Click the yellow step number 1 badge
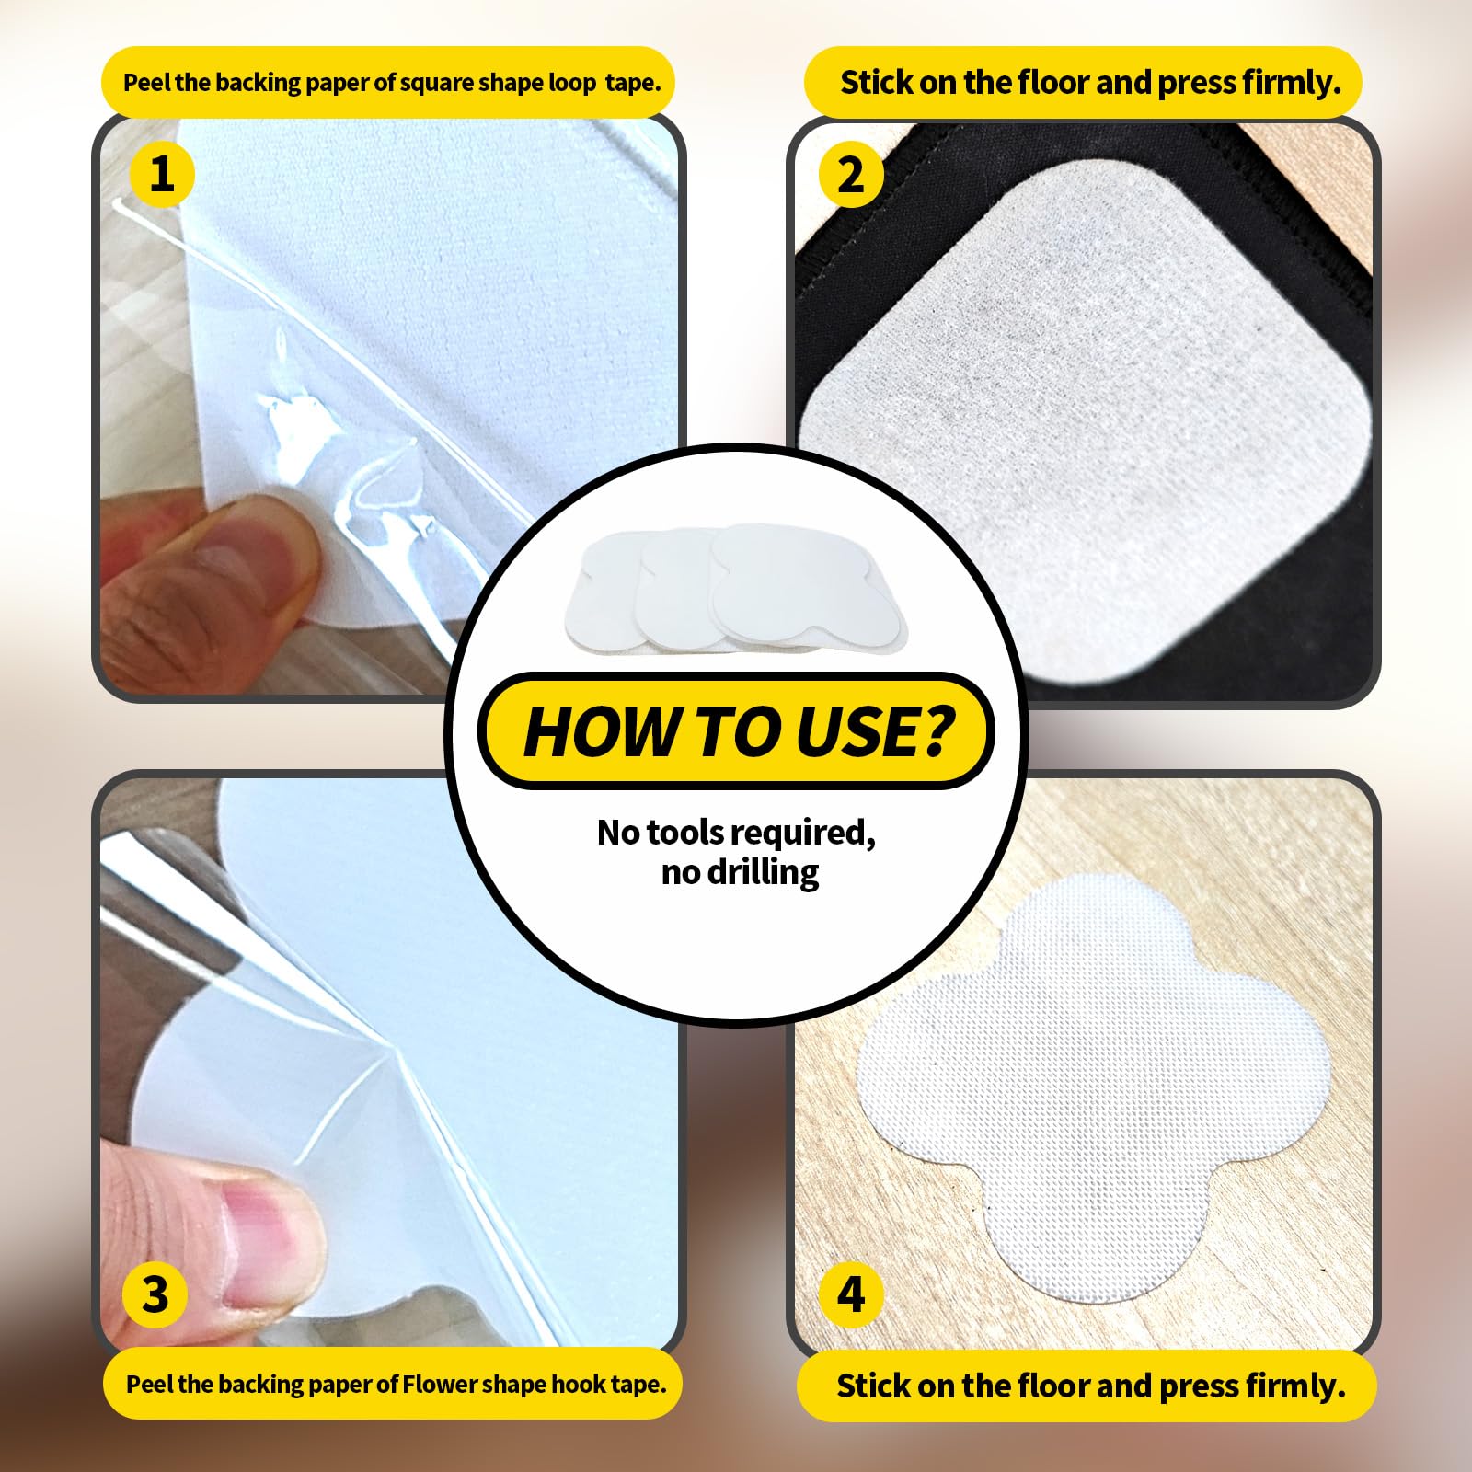click(x=162, y=173)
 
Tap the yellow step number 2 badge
click(x=851, y=174)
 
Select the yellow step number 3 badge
click(x=155, y=1294)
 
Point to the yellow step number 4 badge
click(x=851, y=1294)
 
